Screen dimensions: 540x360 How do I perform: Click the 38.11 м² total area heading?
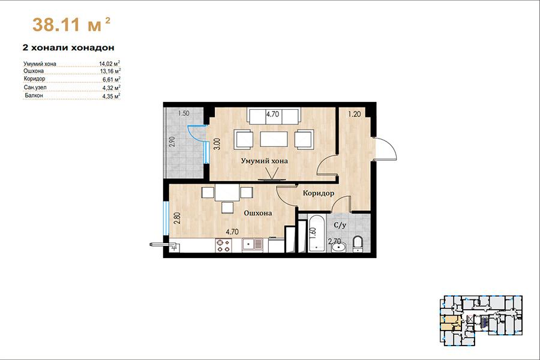coord(71,25)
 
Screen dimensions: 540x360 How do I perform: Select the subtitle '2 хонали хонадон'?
coord(68,47)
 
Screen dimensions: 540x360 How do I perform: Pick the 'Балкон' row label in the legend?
coord(34,95)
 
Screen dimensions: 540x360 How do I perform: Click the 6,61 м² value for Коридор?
coord(111,79)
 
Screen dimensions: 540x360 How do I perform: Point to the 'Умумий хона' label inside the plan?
coord(264,161)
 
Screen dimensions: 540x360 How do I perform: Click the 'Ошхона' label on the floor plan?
coord(257,213)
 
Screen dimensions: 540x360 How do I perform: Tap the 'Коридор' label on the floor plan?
coord(319,193)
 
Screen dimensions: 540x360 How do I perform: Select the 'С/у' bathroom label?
coord(340,226)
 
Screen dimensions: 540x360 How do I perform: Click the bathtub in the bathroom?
coord(317,233)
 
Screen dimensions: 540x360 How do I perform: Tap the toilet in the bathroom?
coord(358,244)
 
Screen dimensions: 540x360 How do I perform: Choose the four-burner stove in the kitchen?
coord(223,245)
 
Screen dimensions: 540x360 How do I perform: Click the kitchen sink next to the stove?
coord(253,245)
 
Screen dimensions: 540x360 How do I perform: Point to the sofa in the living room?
coord(274,116)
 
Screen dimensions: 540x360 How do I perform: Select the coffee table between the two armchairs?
coord(274,139)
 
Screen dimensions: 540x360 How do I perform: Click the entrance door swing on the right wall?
coord(385,148)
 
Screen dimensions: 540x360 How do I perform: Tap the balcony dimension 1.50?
coord(184,113)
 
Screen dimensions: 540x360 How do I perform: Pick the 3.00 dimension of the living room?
coord(217,143)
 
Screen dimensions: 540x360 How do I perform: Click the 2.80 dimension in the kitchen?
coord(177,218)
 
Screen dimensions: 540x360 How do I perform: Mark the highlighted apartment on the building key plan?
coord(451,322)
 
